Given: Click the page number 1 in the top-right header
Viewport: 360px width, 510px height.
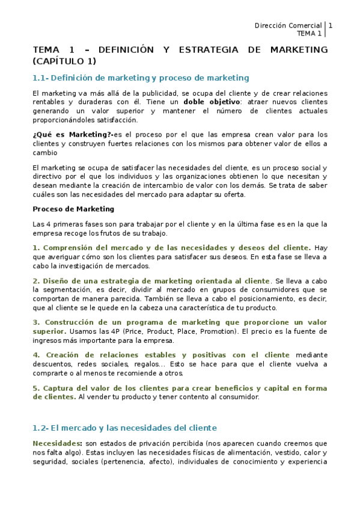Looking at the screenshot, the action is [330, 25].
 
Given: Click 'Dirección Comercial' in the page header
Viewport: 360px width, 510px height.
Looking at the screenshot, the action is [288, 25].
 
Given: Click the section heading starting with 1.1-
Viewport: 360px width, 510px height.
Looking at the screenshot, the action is [141, 78].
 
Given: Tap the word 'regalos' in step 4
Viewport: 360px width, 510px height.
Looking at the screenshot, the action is [166, 364].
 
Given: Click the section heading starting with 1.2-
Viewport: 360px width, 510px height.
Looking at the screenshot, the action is [124, 428].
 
